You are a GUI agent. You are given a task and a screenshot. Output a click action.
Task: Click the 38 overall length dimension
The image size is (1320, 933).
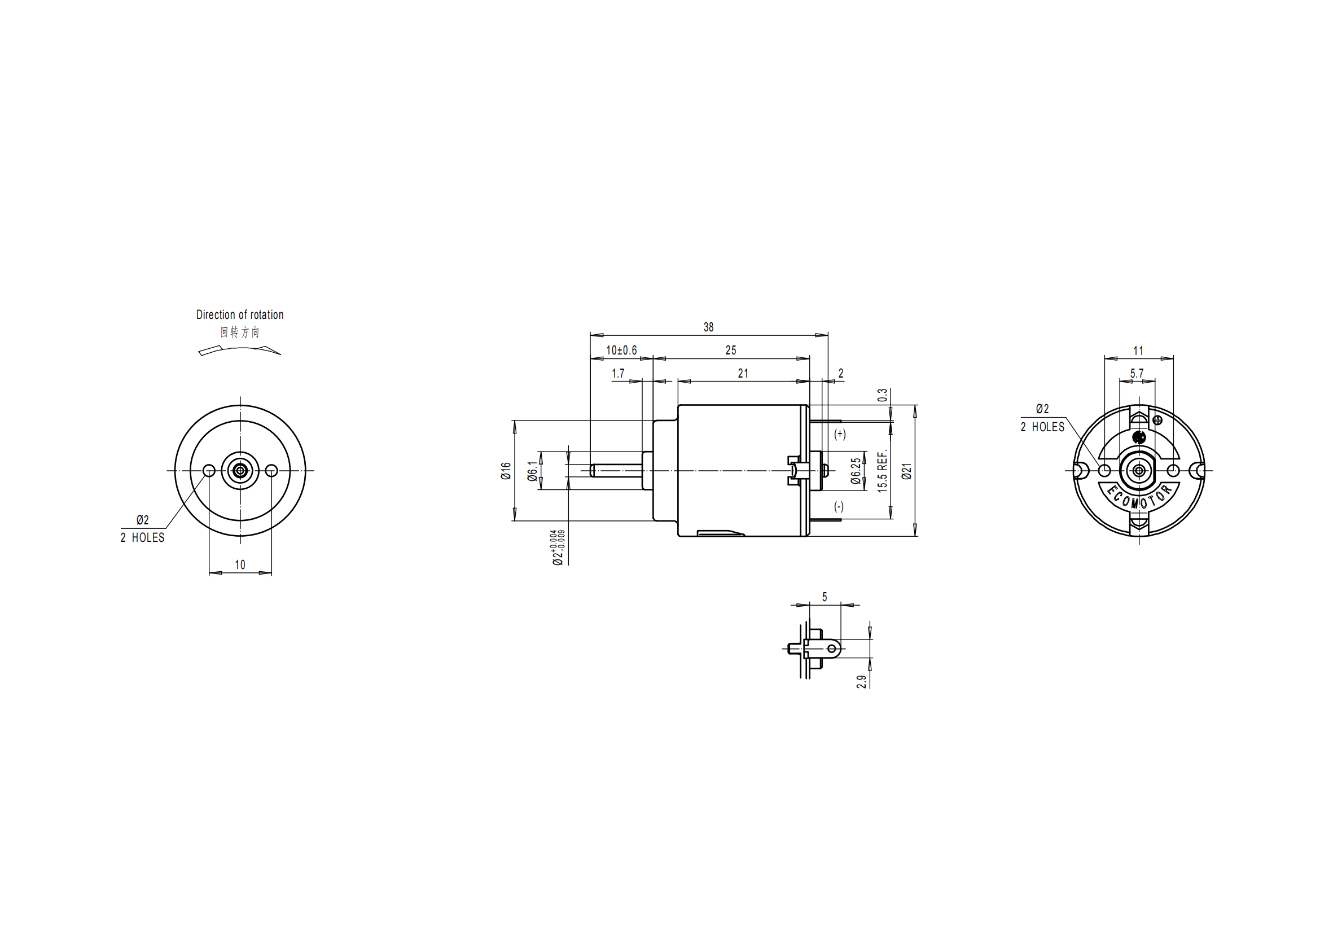[708, 327]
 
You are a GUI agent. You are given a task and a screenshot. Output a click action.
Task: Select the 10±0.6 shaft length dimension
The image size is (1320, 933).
[621, 351]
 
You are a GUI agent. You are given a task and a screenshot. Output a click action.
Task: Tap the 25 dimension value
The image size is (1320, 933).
[730, 351]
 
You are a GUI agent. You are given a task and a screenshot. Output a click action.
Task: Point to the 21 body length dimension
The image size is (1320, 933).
[743, 374]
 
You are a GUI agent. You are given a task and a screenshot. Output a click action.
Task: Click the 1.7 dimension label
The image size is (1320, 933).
[618, 374]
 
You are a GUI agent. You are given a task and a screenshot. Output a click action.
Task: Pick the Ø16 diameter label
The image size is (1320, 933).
[506, 471]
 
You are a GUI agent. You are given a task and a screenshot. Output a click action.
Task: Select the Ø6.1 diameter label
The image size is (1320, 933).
[533, 471]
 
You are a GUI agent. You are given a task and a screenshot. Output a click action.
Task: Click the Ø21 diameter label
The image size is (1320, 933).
[907, 471]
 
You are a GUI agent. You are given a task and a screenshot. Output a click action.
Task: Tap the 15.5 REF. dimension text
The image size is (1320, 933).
[883, 471]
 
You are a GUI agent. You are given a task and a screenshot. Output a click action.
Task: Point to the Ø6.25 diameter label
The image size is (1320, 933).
[856, 471]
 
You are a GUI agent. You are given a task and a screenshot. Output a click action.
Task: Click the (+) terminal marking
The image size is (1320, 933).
[840, 434]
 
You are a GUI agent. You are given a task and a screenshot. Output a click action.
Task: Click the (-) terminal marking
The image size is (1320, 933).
[839, 506]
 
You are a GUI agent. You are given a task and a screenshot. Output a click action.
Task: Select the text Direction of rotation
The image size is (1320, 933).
[240, 315]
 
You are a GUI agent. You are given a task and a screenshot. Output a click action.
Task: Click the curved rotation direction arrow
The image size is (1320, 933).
[239, 350]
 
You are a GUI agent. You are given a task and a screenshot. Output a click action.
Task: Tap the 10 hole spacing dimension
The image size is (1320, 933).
[240, 564]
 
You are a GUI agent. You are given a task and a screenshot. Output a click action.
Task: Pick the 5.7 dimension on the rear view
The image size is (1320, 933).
[1137, 374]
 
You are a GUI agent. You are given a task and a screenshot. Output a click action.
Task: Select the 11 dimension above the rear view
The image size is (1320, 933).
[1138, 351]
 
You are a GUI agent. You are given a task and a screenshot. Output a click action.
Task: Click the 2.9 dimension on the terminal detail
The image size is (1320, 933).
[861, 682]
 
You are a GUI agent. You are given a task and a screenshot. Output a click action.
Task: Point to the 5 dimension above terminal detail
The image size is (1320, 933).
[825, 597]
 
